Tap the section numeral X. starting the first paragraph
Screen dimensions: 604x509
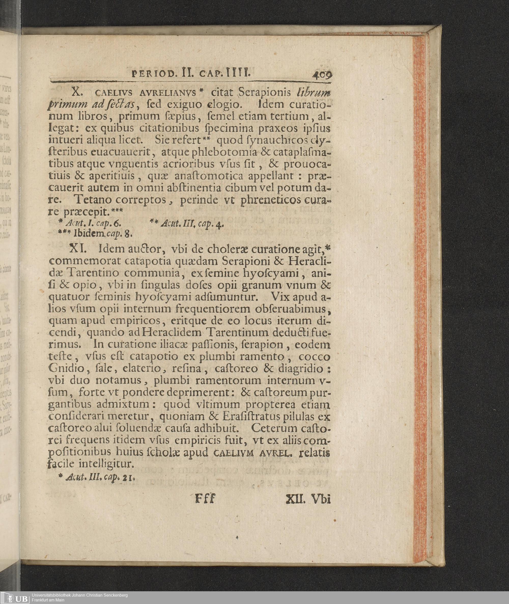78,92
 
